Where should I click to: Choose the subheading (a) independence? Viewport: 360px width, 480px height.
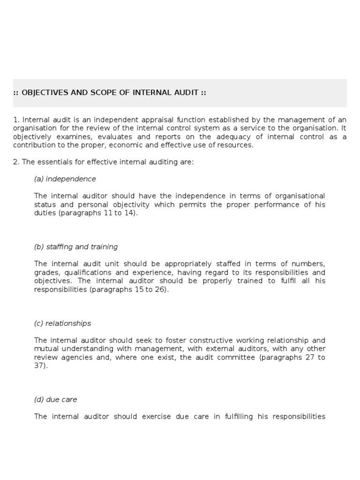[65, 179]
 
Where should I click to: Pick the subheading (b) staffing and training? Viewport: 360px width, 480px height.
[76, 247]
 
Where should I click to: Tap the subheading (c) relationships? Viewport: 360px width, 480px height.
[62, 323]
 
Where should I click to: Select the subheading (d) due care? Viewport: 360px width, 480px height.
[56, 399]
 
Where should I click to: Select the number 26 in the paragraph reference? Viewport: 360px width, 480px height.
[160, 289]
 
